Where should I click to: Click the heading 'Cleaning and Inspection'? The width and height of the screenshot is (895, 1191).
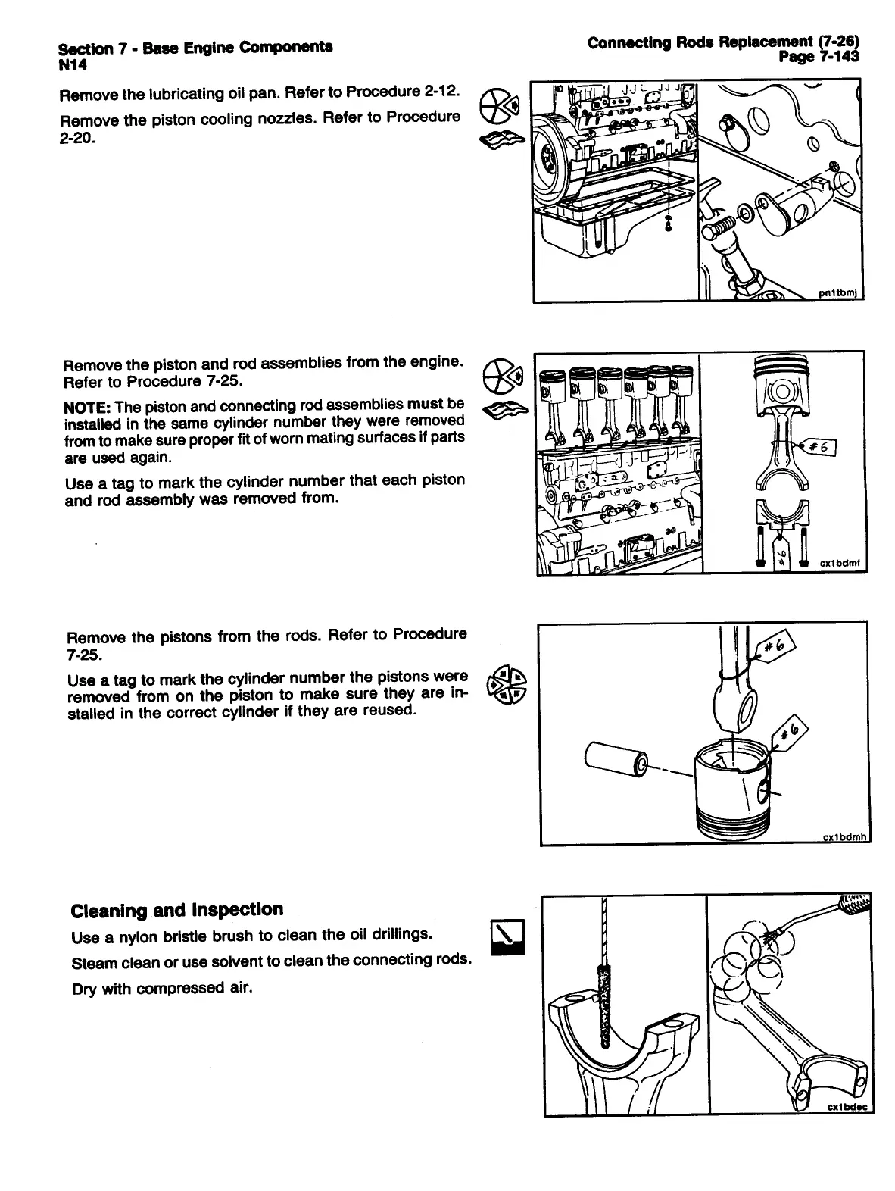[x=176, y=909]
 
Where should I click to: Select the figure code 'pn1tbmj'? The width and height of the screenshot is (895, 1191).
[x=841, y=294]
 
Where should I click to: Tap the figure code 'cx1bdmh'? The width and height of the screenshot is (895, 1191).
[x=844, y=837]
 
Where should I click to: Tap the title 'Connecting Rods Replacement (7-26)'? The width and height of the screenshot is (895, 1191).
[x=725, y=42]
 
